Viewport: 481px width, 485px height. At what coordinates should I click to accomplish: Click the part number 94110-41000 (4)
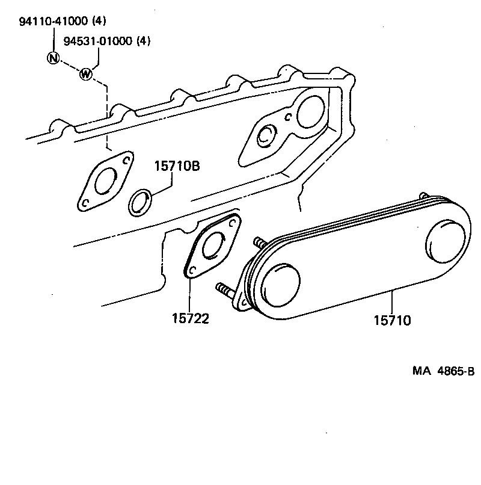coord(60,22)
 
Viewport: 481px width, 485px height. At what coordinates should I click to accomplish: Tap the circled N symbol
coord(54,58)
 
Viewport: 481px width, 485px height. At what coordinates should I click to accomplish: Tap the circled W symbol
coord(86,75)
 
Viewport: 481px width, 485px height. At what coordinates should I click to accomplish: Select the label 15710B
coord(176,165)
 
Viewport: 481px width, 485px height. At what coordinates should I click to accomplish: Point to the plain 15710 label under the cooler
coord(392,320)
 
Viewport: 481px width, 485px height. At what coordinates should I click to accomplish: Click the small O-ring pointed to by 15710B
coord(139,203)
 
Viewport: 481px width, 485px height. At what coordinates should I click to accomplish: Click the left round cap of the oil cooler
coord(278,282)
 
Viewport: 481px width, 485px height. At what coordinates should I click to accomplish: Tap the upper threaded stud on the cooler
coord(261,244)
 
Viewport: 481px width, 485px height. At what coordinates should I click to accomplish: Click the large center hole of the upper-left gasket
coord(107,180)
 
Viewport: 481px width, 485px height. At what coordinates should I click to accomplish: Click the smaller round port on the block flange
coord(265,136)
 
